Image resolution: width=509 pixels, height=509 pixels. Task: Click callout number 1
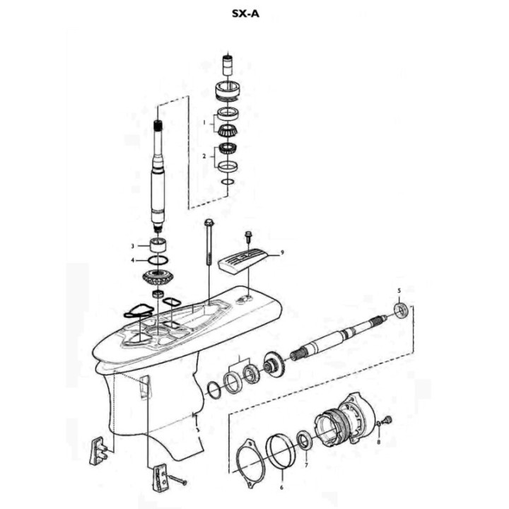coord(204,122)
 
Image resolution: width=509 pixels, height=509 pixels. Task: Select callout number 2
coord(204,156)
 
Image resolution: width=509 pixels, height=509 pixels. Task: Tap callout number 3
coord(131,246)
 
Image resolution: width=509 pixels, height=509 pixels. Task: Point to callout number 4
coord(131,260)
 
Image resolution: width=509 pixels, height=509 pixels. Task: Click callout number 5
coord(399,291)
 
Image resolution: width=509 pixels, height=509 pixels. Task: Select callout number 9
coord(281,252)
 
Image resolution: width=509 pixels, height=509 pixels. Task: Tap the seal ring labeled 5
coord(401,310)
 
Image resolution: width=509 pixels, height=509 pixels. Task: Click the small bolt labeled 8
coord(386,422)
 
